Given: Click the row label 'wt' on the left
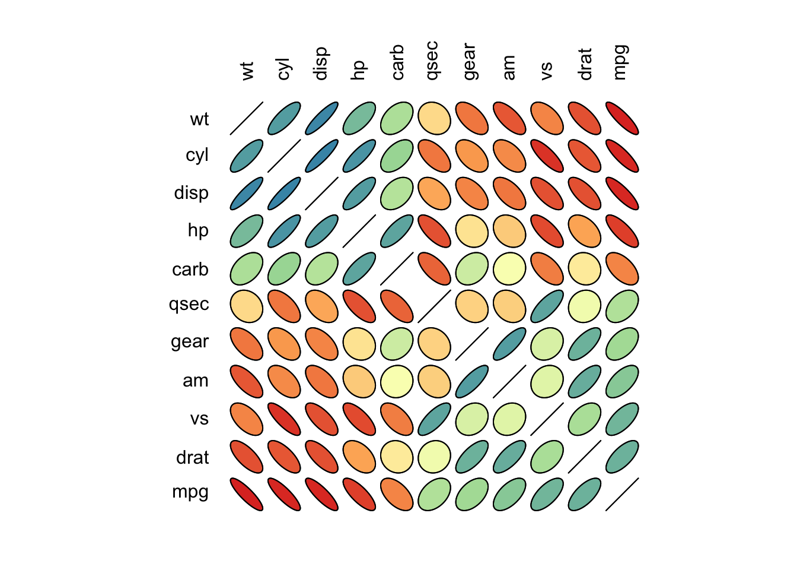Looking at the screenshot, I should pyautogui.click(x=199, y=119).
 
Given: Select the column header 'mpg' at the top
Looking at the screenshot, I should pyautogui.click(x=620, y=62).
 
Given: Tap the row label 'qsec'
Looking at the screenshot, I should pyautogui.click(x=189, y=305).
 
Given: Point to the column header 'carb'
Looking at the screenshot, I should pyautogui.click(x=397, y=62).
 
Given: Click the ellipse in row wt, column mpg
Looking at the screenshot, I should pyautogui.click(x=622, y=119).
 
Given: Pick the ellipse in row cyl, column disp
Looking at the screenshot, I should pyautogui.click(x=322, y=156).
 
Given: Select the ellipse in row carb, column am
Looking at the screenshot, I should pyautogui.click(x=509, y=268).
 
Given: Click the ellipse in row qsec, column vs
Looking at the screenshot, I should pyautogui.click(x=547, y=306).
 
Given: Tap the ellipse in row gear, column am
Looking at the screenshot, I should pyautogui.click(x=509, y=344).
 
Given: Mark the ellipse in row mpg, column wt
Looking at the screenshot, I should pyautogui.click(x=247, y=494).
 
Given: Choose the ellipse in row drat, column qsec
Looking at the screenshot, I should pyautogui.click(x=434, y=457).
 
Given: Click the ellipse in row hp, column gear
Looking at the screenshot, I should pyautogui.click(x=472, y=231).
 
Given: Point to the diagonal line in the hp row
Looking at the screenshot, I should pyautogui.click(x=359, y=231).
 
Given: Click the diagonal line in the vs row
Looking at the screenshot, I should pyautogui.click(x=547, y=419).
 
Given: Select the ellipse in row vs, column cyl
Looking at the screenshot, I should pyautogui.click(x=284, y=419).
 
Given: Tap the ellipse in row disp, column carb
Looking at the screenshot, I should pyautogui.click(x=397, y=194).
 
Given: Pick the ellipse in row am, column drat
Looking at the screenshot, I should pyautogui.click(x=585, y=381).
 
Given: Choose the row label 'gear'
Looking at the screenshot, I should pyautogui.click(x=190, y=342).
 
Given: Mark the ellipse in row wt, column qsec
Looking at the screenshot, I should pyautogui.click(x=434, y=119).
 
